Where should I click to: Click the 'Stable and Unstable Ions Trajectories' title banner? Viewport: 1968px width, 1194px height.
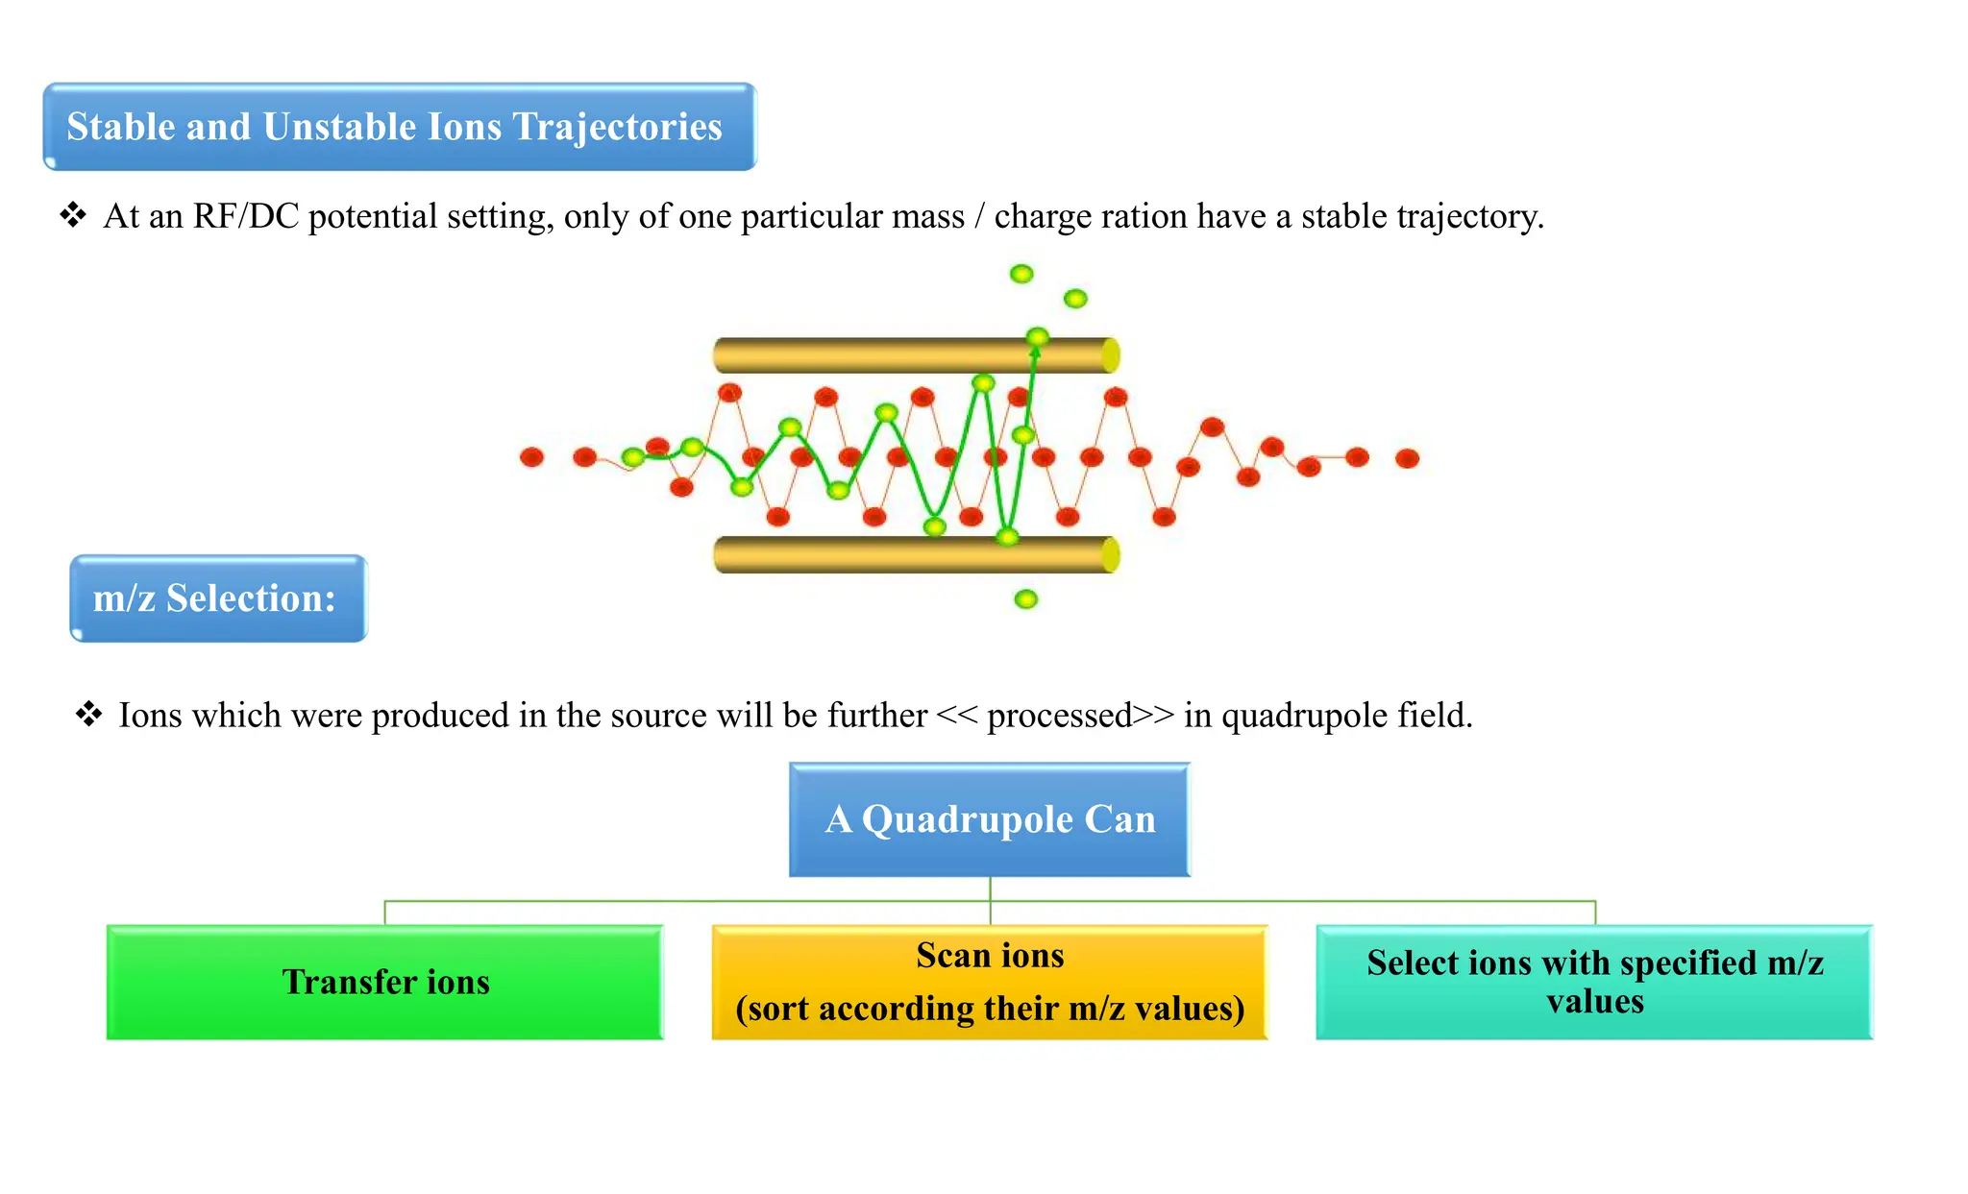coord(399,127)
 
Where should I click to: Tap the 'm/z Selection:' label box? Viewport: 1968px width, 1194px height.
coord(218,597)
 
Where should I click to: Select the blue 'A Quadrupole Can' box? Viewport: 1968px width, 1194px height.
coord(989,819)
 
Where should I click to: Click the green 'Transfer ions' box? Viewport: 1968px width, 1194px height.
coord(384,982)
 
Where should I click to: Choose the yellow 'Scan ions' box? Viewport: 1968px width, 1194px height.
coord(989,982)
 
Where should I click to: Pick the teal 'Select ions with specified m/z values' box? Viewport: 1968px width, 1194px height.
coord(1594,982)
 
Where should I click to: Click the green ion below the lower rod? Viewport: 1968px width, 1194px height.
coord(1026,599)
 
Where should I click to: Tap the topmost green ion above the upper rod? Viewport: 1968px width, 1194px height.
coord(1021,274)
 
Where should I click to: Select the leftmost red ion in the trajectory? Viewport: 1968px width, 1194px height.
coord(531,457)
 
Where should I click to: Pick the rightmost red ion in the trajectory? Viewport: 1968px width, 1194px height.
coord(1407,458)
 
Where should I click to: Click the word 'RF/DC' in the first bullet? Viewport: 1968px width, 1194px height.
coord(246,216)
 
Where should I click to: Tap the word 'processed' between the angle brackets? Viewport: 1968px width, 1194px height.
coord(1059,716)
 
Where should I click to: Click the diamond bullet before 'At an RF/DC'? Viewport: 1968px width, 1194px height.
coord(73,215)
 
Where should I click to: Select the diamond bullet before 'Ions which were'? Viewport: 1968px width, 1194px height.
coord(88,715)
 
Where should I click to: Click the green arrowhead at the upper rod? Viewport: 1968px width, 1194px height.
coord(1035,353)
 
